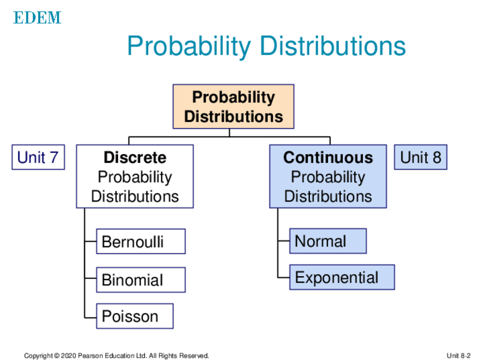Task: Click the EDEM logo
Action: [x=37, y=18]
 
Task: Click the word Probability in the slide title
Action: [x=189, y=47]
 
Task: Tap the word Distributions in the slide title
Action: [x=333, y=46]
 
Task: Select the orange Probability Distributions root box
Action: [x=234, y=106]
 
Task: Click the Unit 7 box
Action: [x=38, y=157]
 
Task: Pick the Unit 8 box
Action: [x=420, y=157]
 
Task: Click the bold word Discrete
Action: [x=135, y=157]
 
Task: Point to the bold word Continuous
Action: [x=328, y=157]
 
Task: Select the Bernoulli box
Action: [x=141, y=241]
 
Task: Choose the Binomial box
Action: [x=141, y=280]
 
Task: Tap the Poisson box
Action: [x=135, y=316]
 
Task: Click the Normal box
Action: [x=328, y=241]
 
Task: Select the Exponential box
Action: [x=342, y=277]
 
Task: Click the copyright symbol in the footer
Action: [x=57, y=356]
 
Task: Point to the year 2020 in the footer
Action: [x=68, y=356]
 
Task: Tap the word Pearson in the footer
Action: [x=91, y=356]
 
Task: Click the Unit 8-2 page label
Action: [x=459, y=356]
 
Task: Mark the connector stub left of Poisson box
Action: [x=91, y=318]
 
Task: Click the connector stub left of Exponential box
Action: [x=284, y=278]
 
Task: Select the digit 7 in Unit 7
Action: [x=54, y=157]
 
